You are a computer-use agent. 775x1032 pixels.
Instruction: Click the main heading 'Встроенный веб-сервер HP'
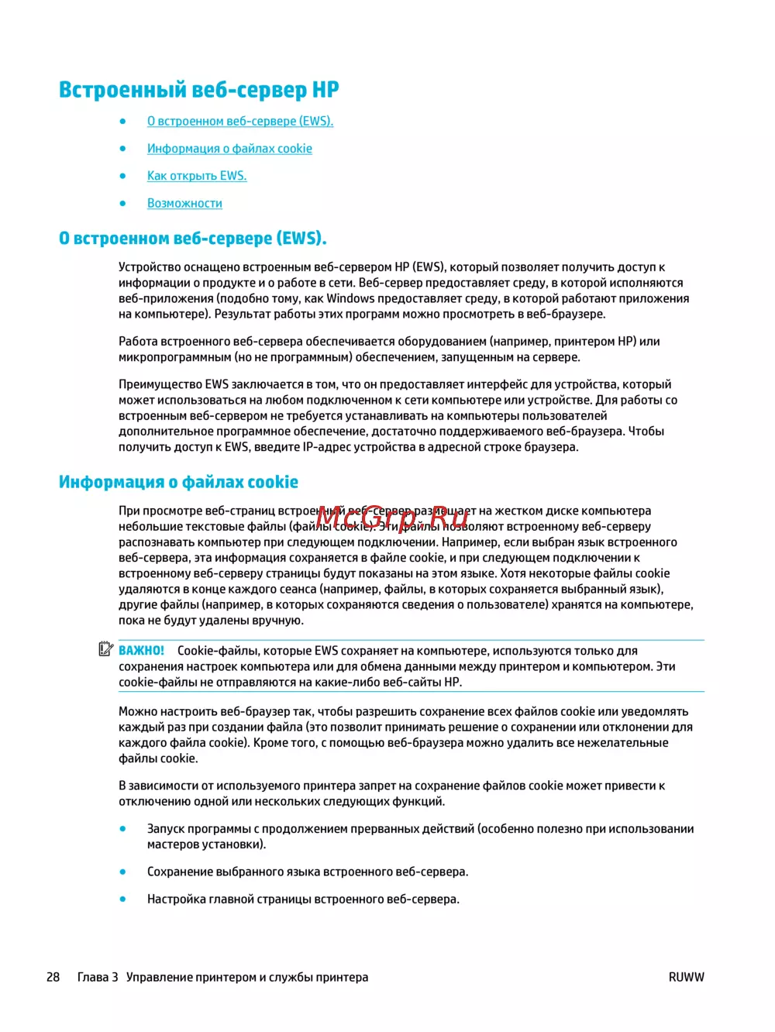click(x=198, y=90)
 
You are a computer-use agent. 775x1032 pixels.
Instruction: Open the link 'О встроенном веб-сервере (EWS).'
click(x=239, y=121)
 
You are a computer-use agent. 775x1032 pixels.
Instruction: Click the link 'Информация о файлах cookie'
click(x=229, y=149)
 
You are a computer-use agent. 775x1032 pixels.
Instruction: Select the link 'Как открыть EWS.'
click(x=197, y=176)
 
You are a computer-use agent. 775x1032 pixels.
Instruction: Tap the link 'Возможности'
click(x=184, y=203)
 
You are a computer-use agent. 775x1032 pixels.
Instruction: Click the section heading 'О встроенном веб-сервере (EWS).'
click(x=192, y=239)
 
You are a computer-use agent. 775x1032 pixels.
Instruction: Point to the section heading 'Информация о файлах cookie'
click(x=178, y=482)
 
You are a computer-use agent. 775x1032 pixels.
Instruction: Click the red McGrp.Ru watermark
click(x=392, y=515)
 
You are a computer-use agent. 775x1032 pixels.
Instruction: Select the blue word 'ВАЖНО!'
click(x=141, y=651)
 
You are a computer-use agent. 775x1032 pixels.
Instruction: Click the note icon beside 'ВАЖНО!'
click(x=106, y=649)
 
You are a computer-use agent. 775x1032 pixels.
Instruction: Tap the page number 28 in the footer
click(x=53, y=977)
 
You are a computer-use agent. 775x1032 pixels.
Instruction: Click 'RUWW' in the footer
click(x=686, y=977)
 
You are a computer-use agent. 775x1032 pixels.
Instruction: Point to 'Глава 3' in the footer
click(x=98, y=977)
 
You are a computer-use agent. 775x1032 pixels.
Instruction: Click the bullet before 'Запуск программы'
click(x=122, y=828)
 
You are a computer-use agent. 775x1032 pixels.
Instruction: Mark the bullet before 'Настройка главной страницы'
click(x=122, y=899)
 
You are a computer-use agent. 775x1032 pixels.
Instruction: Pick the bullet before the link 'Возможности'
click(x=122, y=203)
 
